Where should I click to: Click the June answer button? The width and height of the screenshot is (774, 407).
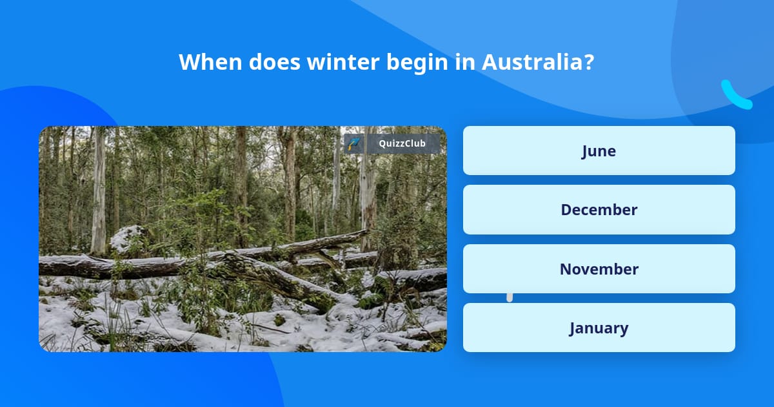[x=599, y=151]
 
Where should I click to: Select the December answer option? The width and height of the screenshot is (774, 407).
[x=599, y=210]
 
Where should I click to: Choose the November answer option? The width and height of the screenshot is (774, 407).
[x=599, y=269]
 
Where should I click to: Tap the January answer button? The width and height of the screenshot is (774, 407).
[x=599, y=328]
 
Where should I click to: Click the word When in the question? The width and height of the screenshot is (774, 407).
[x=210, y=62]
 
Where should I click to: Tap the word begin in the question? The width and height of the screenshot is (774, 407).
[x=417, y=64]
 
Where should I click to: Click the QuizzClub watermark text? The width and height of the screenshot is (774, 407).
[x=402, y=143]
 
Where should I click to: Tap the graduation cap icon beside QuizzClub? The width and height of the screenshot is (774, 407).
[x=354, y=143]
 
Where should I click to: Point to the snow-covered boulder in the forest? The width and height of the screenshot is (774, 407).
[x=126, y=238]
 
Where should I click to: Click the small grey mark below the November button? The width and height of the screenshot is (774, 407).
[x=510, y=298]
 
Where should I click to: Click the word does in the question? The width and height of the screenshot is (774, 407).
[x=274, y=62]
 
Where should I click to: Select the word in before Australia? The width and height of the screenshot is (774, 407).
[x=465, y=62]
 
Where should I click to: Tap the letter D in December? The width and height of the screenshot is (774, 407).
[x=566, y=210]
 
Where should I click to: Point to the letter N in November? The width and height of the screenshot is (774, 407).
[x=566, y=269]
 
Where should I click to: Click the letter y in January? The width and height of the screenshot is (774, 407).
[x=624, y=330]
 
